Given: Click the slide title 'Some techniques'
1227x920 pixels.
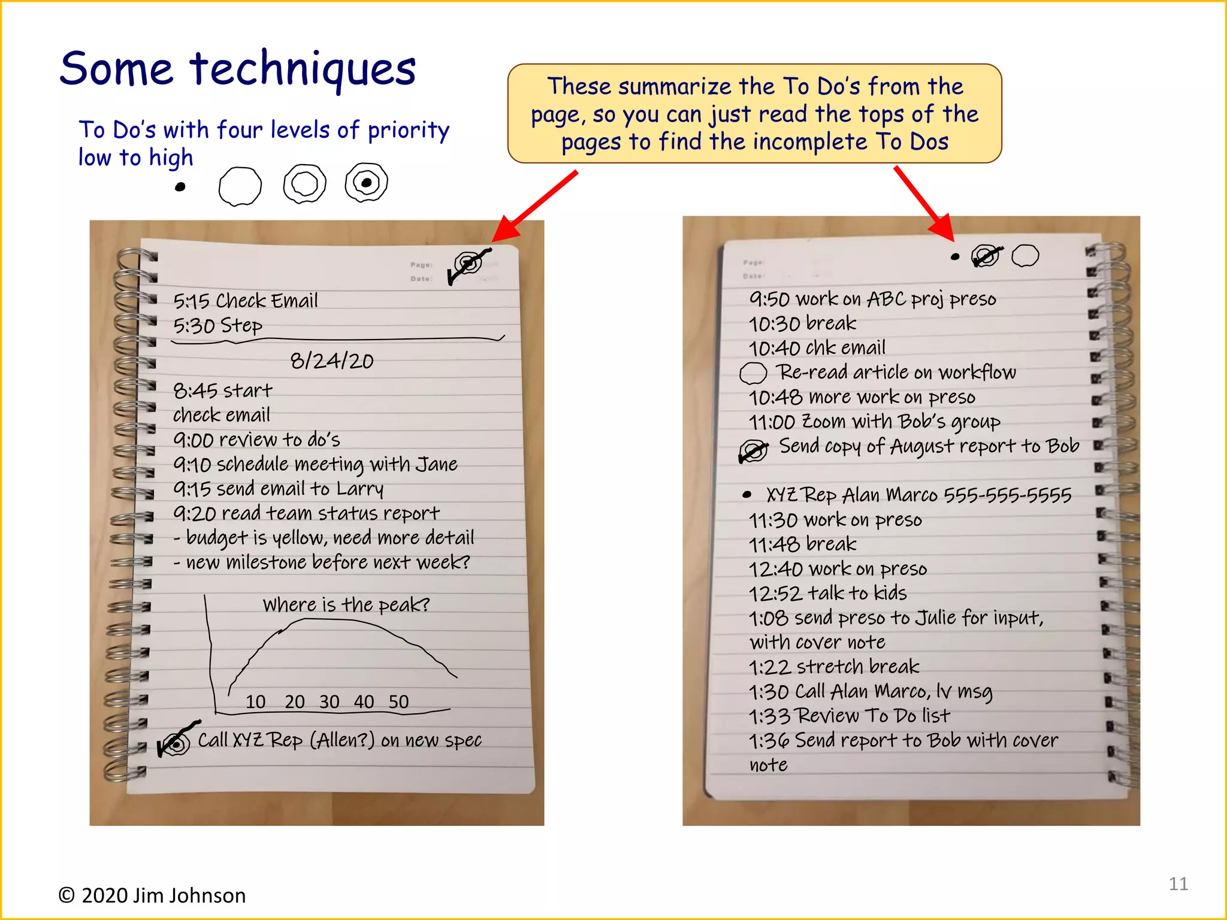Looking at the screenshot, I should click(x=238, y=69).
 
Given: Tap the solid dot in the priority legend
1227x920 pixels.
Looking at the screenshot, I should click(x=180, y=187).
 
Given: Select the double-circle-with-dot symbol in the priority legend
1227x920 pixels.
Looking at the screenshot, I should click(x=366, y=183).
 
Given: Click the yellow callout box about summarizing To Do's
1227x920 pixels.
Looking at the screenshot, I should click(x=754, y=114).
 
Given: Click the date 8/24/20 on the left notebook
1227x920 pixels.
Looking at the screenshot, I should click(x=332, y=361).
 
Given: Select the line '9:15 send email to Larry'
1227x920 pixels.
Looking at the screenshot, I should click(x=278, y=489).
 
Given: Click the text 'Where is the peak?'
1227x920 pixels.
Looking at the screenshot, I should click(x=346, y=604).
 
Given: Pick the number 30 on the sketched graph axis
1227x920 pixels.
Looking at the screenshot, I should click(x=329, y=701).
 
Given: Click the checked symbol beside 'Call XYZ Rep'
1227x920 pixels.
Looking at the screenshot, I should click(x=175, y=743).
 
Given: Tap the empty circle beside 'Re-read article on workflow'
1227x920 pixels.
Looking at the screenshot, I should click(x=752, y=373).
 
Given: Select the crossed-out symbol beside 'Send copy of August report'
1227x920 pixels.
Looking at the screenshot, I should click(x=753, y=450).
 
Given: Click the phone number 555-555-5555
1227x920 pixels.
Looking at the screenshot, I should click(x=1007, y=495).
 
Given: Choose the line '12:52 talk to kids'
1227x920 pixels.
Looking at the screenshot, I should click(x=827, y=593).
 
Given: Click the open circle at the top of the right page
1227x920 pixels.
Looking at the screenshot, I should click(x=1024, y=256).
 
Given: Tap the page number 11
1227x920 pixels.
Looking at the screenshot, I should click(x=1178, y=883).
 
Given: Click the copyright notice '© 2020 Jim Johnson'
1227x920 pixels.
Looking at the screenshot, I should click(x=152, y=895).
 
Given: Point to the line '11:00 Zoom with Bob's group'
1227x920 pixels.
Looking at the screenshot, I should click(x=874, y=422).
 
